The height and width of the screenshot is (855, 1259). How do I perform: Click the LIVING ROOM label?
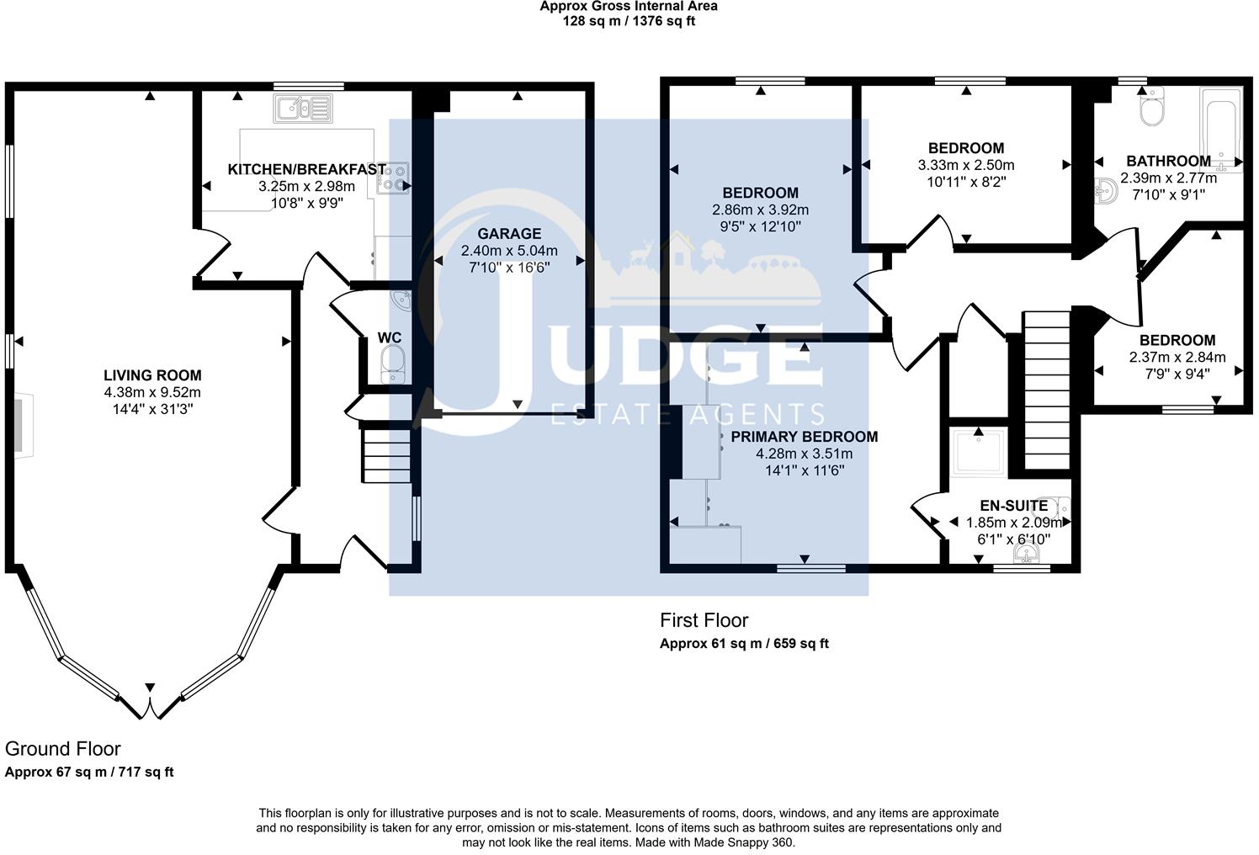coord(152,375)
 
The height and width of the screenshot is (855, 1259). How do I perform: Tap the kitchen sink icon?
coord(303,108)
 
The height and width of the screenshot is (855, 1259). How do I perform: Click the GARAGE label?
coord(509,233)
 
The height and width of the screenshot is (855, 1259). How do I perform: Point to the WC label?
coord(390,337)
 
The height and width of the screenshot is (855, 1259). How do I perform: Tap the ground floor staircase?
coord(386,455)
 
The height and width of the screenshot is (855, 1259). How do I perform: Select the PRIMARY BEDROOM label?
coord(804,437)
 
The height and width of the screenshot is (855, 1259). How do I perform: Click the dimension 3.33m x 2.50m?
coord(965,165)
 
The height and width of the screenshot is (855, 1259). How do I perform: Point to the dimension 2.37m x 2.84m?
coord(1177,357)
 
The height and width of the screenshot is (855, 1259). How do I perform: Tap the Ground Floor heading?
coord(63,748)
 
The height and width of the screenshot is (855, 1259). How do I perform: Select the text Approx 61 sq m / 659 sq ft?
coord(744,644)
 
